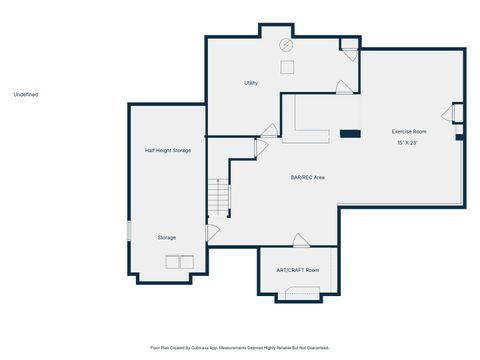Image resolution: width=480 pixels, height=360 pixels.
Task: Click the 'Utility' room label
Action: point(251,83)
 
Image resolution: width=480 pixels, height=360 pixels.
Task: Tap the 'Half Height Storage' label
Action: point(168,150)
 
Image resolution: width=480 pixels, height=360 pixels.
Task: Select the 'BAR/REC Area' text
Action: point(307,177)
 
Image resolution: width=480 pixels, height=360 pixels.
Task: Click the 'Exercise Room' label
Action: point(409,131)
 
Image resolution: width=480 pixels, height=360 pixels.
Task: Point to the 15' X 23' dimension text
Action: point(407,143)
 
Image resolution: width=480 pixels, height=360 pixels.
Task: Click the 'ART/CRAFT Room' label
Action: point(298,271)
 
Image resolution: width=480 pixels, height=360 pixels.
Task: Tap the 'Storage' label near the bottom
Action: point(167,237)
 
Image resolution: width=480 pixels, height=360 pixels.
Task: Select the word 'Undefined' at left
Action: point(26,95)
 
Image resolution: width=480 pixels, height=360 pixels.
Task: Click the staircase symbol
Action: point(218,198)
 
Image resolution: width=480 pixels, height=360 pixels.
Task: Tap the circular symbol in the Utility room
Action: point(285,45)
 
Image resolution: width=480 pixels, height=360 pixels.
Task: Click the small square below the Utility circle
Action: point(286,66)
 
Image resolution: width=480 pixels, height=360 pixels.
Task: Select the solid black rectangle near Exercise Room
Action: point(350,132)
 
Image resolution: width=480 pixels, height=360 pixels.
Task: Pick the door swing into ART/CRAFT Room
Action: point(299,240)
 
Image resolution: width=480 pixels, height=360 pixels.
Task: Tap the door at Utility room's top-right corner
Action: point(348,45)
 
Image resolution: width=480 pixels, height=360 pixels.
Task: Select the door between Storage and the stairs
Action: point(212,232)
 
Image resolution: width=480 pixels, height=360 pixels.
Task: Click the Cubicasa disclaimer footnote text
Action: point(240,348)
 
